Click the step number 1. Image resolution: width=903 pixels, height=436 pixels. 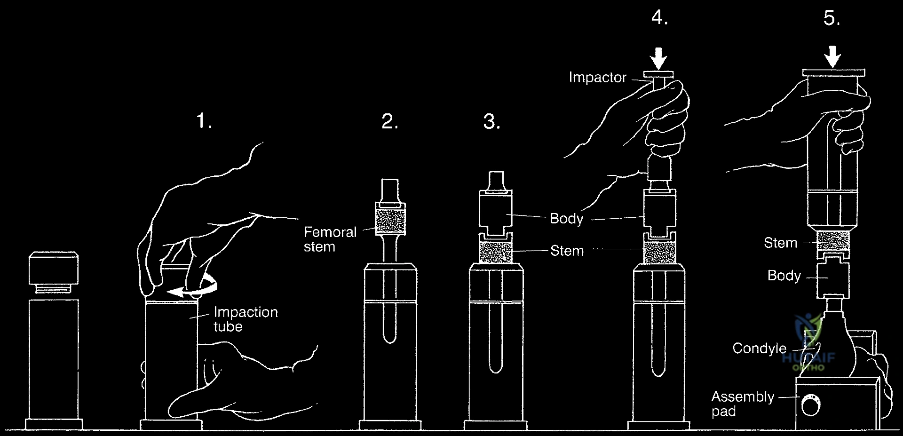click(x=203, y=122)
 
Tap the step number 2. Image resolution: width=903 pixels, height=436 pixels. click(x=389, y=122)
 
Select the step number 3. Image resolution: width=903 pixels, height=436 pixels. click(x=491, y=122)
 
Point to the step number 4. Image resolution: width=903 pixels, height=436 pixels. click(x=659, y=18)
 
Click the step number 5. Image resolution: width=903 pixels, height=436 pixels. click(x=832, y=18)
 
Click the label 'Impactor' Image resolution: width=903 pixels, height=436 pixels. click(x=597, y=78)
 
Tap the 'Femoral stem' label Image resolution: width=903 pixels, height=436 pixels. click(x=330, y=239)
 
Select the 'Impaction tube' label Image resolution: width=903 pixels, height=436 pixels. click(x=245, y=319)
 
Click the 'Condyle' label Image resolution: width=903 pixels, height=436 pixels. click(x=759, y=349)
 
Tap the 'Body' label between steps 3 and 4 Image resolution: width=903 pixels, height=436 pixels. click(x=566, y=219)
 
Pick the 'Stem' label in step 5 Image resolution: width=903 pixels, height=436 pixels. click(x=780, y=243)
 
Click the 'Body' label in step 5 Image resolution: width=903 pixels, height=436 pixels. click(x=784, y=276)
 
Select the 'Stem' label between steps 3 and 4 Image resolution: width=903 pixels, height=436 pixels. click(x=567, y=251)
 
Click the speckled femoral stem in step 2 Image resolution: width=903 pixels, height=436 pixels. click(x=390, y=221)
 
